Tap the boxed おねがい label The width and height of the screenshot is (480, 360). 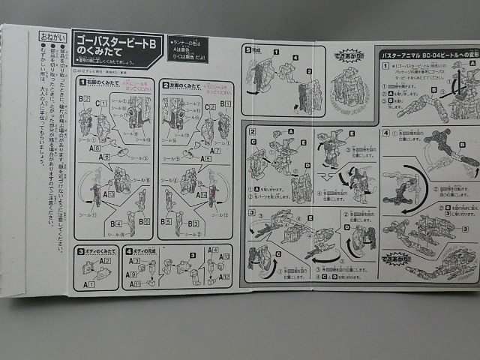[x=52, y=35]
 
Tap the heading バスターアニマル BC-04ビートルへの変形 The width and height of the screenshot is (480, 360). [x=424, y=55]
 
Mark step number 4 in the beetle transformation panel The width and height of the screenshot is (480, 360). [x=385, y=133]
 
